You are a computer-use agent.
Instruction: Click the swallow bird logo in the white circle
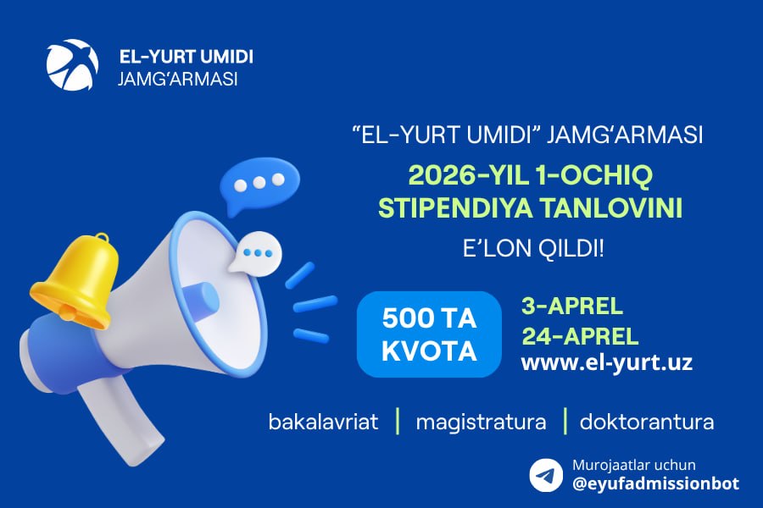[x=73, y=64]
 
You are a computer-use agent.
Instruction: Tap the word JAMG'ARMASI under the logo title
[x=178, y=79]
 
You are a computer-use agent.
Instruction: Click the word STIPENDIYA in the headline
[x=455, y=208]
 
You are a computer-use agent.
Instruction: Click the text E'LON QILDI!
[x=533, y=248]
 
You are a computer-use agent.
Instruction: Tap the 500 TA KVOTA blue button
[x=429, y=334]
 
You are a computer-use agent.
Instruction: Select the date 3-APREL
[x=572, y=306]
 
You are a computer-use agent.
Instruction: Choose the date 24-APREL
[x=580, y=336]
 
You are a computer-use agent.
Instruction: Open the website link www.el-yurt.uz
[x=607, y=362]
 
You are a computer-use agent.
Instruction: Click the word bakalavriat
[x=323, y=422]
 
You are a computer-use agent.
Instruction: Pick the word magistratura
[x=481, y=422]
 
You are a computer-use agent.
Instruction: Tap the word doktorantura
[x=647, y=422]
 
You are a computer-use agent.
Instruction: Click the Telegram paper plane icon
[x=546, y=475]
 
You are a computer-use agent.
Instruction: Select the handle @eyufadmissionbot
[x=656, y=483]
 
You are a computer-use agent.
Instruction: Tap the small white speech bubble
[x=256, y=253]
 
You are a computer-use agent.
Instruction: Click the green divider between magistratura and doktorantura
[x=565, y=421]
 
